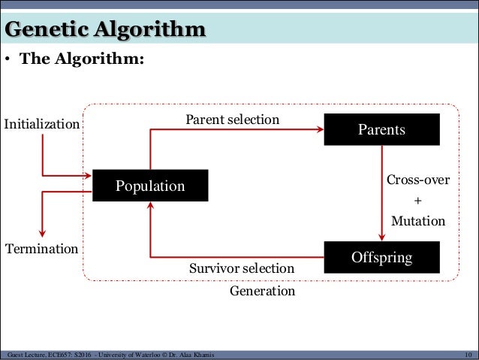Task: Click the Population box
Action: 150,186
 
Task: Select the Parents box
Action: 381,129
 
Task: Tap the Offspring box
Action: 381,258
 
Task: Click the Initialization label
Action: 42,123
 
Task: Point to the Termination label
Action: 41,248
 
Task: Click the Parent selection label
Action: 232,119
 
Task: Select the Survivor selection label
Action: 242,268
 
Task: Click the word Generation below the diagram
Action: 262,290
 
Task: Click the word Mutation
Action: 418,222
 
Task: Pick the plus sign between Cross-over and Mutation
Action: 418,201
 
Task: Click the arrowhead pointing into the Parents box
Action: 318,129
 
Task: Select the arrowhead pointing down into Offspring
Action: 381,236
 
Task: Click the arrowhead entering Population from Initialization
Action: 87,177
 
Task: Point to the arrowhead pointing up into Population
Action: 150,207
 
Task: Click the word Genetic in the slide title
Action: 47,30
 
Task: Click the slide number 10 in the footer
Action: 468,355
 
